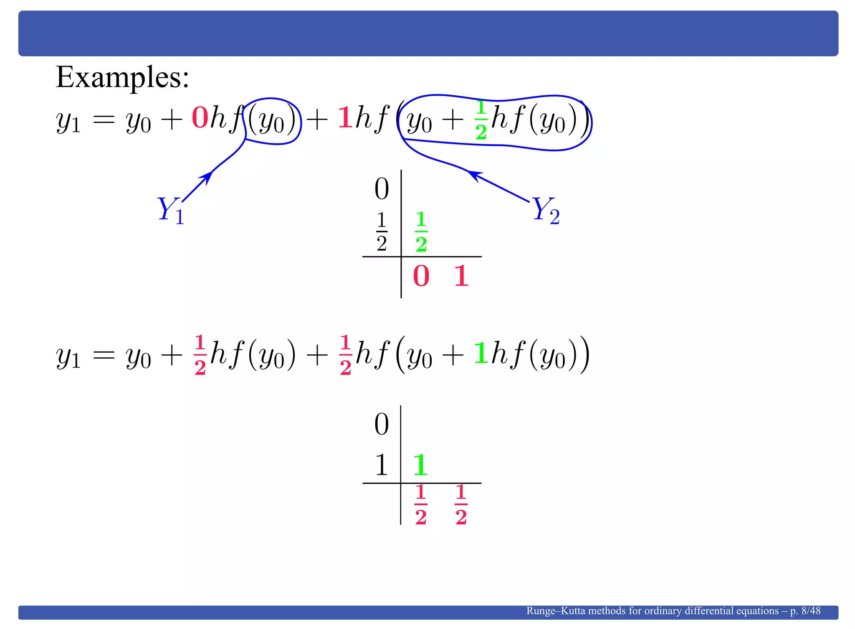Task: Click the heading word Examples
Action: [122, 78]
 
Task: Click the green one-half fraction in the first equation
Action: [481, 120]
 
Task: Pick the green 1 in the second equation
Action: [481, 353]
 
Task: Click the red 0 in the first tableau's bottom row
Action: [421, 276]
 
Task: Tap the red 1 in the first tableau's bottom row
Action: [461, 276]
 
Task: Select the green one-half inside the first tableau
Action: [421, 232]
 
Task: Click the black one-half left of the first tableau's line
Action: [382, 232]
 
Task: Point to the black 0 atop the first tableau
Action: [382, 189]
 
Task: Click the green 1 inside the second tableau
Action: [420, 465]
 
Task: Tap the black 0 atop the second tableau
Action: [382, 424]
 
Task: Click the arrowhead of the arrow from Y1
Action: [207, 176]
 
